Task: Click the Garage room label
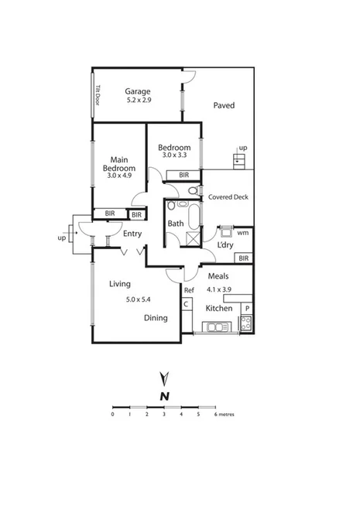138,90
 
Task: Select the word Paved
224,105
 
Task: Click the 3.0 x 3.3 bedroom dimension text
173,156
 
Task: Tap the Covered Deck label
228,197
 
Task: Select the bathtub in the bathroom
176,207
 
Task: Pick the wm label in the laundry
242,232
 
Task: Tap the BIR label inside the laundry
243,258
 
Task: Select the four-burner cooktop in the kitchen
245,323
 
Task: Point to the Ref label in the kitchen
188,290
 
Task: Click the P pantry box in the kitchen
247,308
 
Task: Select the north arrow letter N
164,397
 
